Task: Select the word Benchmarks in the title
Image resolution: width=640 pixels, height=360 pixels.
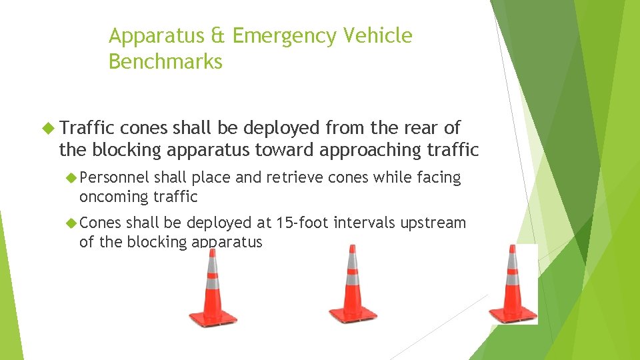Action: (x=165, y=61)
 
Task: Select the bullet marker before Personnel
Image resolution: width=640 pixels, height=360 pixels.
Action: (x=71, y=178)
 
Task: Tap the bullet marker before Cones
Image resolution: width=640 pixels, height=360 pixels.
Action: (x=71, y=223)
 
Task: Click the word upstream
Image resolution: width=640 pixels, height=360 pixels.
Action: (x=433, y=223)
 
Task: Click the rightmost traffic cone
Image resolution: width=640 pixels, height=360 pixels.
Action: (x=513, y=285)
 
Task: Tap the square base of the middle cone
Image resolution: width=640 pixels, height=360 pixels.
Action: (x=352, y=313)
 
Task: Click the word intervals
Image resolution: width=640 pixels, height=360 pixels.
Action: (x=364, y=223)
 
